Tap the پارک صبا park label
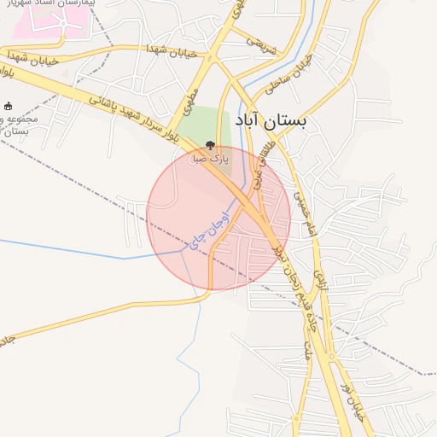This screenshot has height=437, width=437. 211,159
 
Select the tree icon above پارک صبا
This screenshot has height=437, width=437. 211,146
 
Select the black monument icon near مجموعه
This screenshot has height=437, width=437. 9,106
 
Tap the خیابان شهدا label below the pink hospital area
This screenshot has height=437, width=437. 171,52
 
